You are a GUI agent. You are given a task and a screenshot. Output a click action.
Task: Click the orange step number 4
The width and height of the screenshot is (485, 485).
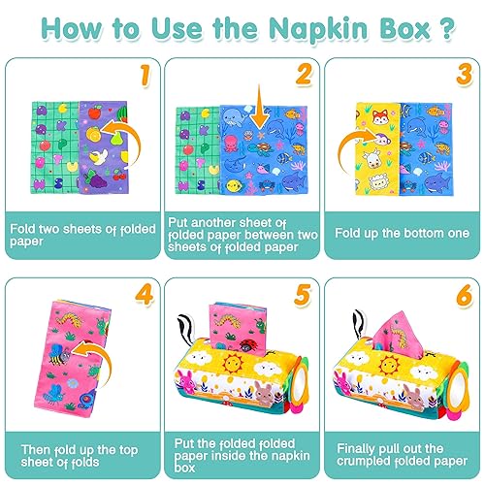(x=142, y=295)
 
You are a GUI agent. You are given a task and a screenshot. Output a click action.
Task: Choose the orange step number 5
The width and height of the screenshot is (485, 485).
(x=304, y=295)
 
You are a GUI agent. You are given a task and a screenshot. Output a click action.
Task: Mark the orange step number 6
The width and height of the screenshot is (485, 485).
(x=463, y=295)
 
